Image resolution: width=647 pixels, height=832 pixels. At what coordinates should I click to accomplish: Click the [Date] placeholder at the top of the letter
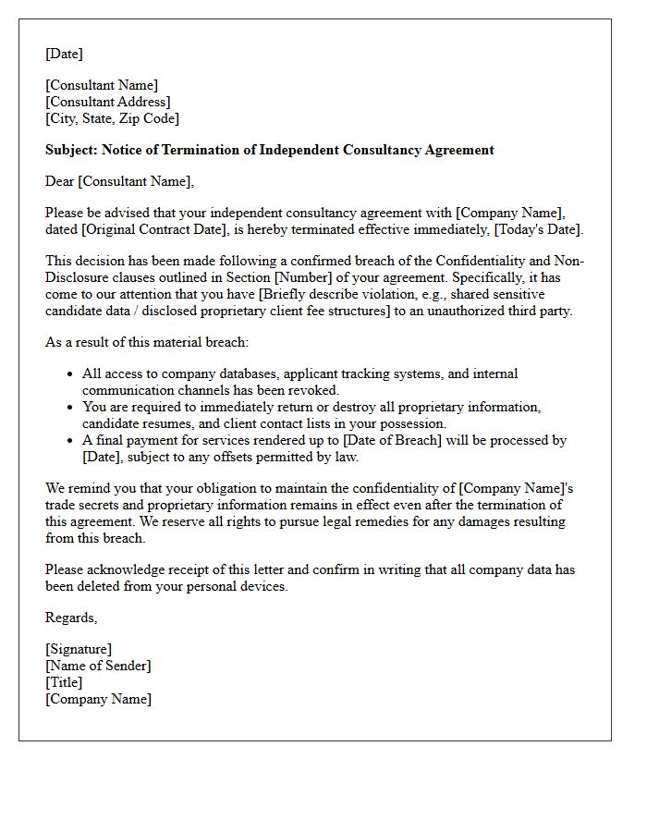(x=64, y=54)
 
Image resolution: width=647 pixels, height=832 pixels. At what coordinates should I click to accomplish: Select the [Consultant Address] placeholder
(x=108, y=102)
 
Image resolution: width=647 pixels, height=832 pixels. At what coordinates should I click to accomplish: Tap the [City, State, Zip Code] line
(x=112, y=118)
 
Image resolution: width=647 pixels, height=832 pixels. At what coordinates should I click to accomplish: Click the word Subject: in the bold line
(x=71, y=150)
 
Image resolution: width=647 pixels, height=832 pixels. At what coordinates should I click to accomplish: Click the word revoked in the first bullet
(x=317, y=390)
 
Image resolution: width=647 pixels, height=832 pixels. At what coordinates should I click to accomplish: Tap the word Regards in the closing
(x=70, y=618)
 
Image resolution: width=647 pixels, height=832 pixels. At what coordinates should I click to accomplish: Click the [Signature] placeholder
(x=79, y=649)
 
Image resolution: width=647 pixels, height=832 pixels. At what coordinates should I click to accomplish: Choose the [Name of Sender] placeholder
(x=98, y=666)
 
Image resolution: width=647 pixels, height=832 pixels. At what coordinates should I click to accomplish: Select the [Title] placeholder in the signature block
(x=64, y=682)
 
